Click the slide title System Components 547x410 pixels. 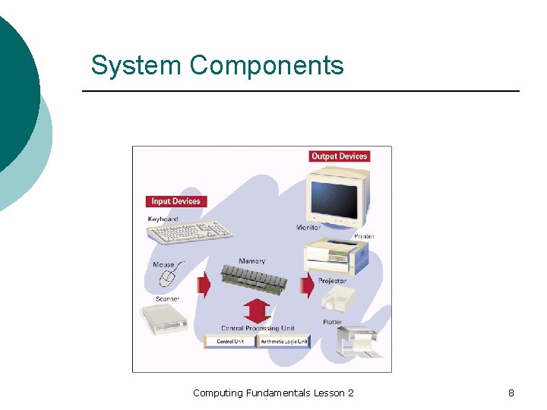[217, 65]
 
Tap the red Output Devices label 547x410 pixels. [339, 156]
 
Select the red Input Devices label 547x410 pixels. [175, 201]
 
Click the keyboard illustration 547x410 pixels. [191, 232]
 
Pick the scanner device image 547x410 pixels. [164, 320]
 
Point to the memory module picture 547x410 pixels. [255, 280]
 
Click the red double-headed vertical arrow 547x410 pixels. [257, 311]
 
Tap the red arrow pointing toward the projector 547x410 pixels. [308, 286]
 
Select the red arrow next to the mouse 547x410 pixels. [204, 286]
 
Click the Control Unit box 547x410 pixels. [230, 342]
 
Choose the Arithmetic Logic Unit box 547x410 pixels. [284, 342]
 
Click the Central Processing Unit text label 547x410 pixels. [257, 328]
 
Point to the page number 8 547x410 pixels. [511, 393]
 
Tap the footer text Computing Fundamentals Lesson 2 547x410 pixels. [273, 393]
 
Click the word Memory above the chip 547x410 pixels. [251, 261]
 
